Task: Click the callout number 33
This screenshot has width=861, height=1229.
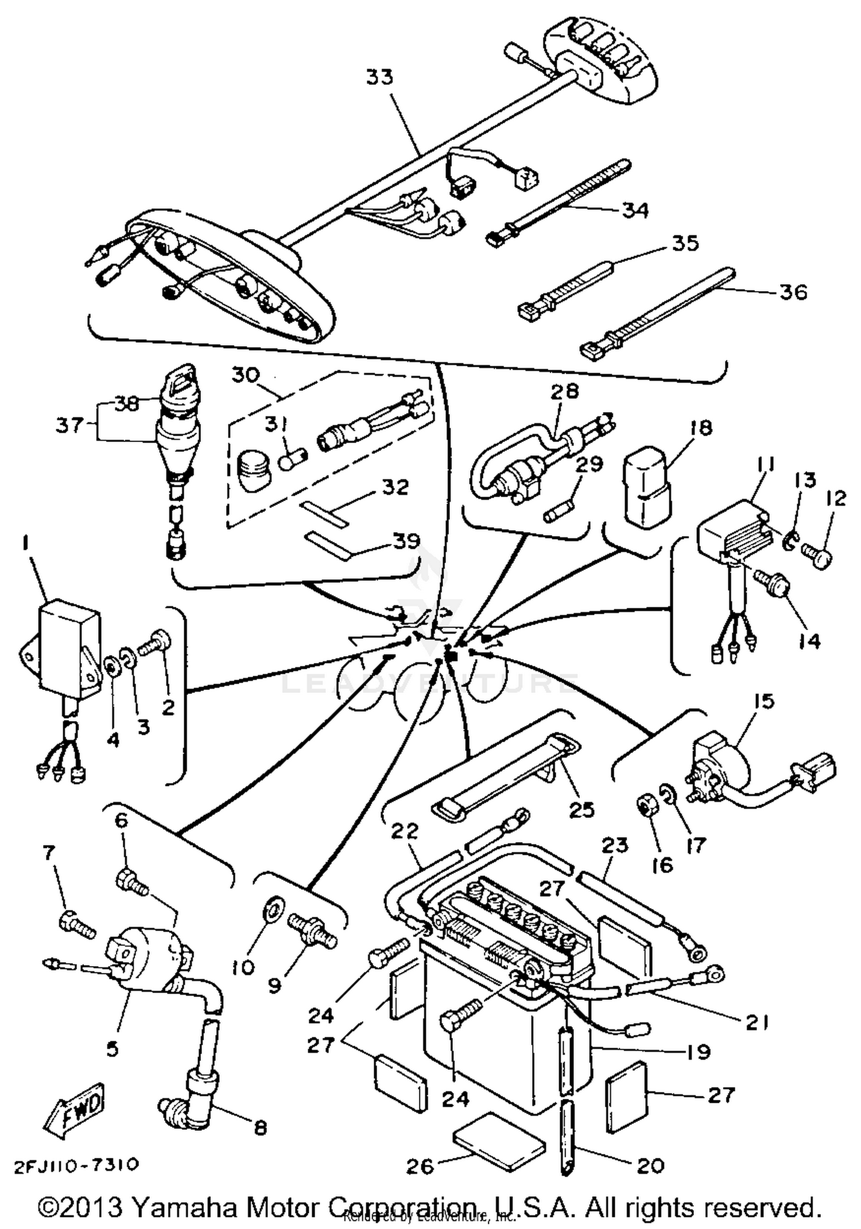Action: pos(379,77)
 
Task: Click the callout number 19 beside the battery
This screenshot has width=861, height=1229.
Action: pos(697,1052)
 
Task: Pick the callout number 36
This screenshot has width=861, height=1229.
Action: pos(793,292)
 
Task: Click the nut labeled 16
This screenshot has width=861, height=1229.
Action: pos(646,809)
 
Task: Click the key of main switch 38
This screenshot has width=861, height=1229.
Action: pos(177,379)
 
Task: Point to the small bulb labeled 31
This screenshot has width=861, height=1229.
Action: pos(292,459)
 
